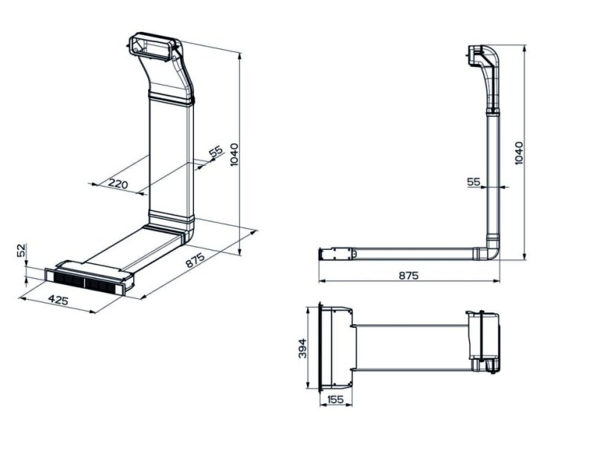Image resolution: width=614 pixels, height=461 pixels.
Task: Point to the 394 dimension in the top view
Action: click(303, 347)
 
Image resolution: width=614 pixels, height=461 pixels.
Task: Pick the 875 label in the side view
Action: click(408, 275)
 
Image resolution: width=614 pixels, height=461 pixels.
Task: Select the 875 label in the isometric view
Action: click(195, 262)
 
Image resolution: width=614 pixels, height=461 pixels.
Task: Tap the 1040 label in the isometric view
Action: click(235, 155)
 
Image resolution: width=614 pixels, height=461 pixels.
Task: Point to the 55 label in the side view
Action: click(474, 181)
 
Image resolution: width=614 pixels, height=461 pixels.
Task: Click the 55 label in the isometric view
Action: click(216, 153)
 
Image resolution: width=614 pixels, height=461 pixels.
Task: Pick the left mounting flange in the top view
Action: click(322, 346)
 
